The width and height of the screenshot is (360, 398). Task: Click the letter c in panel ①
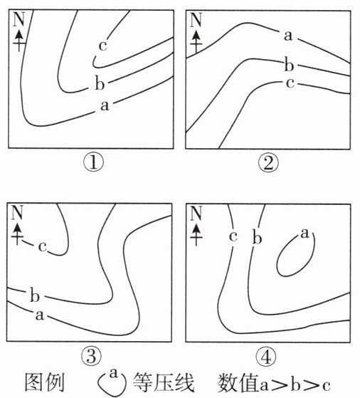(102, 46)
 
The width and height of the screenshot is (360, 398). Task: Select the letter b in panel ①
(100, 83)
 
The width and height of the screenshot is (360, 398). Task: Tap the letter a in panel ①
(105, 105)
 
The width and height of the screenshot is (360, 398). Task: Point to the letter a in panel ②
(288, 36)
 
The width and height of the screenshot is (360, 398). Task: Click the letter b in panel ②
(289, 64)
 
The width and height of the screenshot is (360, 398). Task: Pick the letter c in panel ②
(290, 83)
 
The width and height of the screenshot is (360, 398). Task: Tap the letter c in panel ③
(43, 246)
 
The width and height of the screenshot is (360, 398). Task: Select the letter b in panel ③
(35, 295)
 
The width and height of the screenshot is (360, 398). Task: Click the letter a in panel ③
(40, 315)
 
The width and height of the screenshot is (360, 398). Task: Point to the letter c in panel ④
(233, 236)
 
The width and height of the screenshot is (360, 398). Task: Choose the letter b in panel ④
(257, 237)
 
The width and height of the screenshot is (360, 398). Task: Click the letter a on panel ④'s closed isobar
(305, 234)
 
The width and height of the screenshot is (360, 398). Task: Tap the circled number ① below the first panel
(94, 163)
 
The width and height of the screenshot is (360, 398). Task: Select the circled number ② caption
(268, 163)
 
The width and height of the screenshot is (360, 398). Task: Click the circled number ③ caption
(91, 356)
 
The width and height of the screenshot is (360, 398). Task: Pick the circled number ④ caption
(266, 357)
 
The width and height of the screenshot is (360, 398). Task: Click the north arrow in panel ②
(196, 42)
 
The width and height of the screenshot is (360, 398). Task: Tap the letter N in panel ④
(196, 213)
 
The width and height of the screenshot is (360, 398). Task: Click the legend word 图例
(45, 382)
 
